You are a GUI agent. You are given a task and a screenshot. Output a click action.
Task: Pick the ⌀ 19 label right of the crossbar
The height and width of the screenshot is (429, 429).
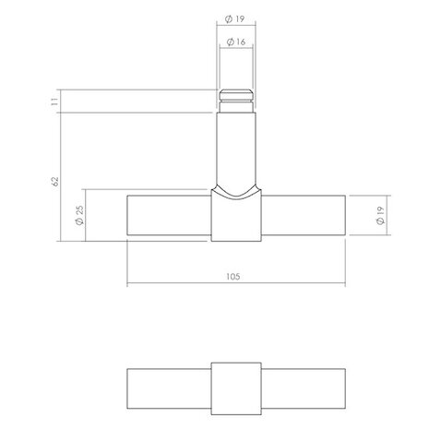point(379,219)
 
